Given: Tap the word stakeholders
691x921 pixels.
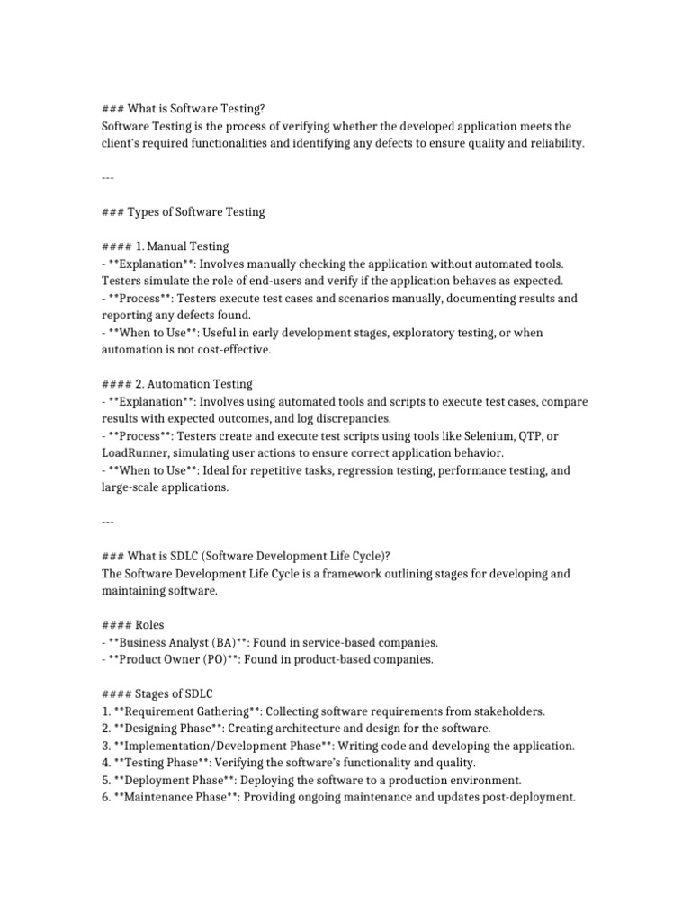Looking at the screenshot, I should pyautogui.click(x=507, y=711).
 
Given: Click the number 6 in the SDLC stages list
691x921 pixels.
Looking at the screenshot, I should pyautogui.click(x=104, y=797).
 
